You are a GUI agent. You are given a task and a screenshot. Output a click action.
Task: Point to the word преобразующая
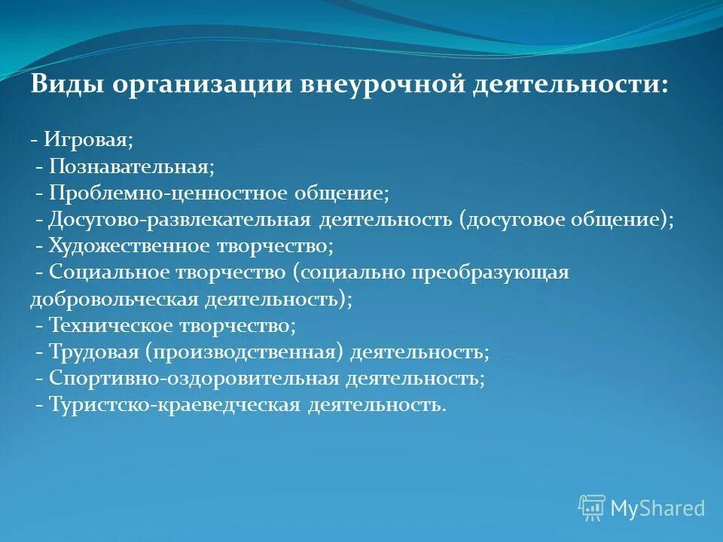[490, 273]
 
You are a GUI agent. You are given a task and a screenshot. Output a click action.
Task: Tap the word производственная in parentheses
[246, 352]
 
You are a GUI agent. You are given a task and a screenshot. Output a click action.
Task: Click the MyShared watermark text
[657, 509]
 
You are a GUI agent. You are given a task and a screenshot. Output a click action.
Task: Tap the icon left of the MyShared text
[592, 508]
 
